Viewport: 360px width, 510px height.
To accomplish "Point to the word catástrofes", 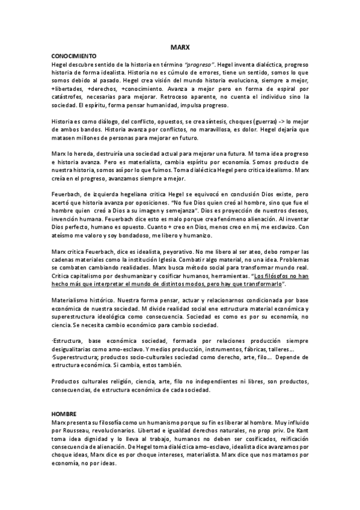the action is click(67, 95).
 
